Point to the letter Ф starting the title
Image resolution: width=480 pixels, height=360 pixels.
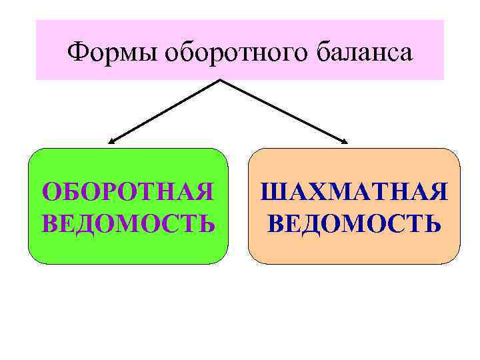[x=77, y=51]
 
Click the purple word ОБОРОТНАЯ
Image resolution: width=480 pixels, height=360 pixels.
[x=128, y=193]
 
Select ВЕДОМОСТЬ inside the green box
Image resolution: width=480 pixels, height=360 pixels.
[x=128, y=222]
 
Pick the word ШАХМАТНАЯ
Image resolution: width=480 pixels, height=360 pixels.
[x=354, y=193]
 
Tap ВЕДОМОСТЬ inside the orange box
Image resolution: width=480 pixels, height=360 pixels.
[x=354, y=222]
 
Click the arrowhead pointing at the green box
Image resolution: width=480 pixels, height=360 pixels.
[x=111, y=141]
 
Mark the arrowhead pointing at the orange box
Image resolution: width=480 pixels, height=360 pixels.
[x=345, y=141]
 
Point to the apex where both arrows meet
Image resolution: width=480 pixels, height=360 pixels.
[x=220, y=81]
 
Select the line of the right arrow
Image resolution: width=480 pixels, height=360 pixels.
[x=283, y=111]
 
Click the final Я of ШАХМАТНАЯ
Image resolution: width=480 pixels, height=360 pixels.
[x=436, y=193]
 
